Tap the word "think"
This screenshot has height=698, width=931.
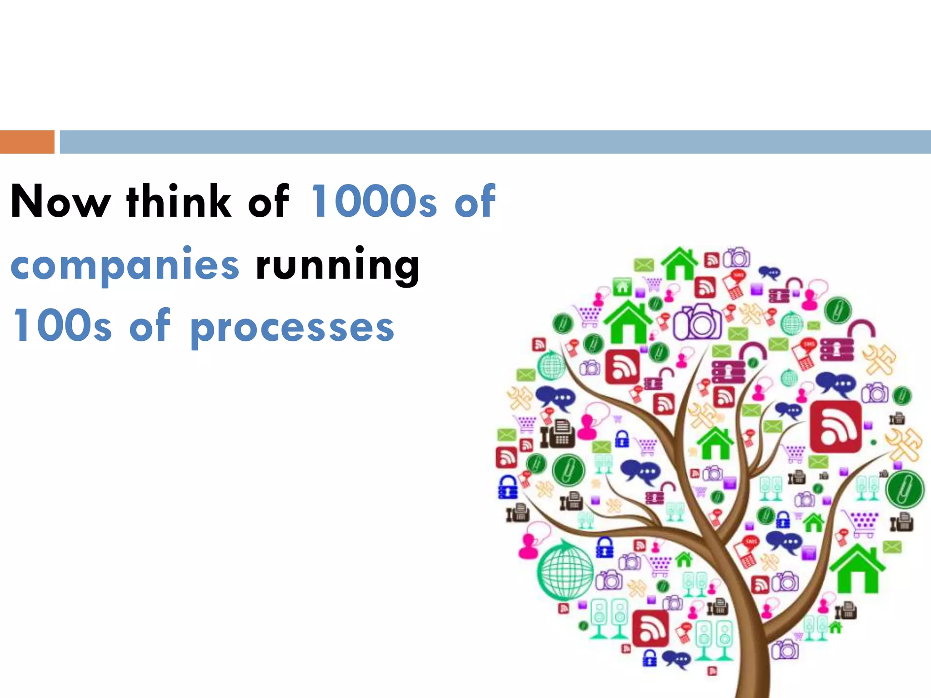click(x=179, y=201)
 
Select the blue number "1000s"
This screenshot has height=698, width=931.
click(x=373, y=201)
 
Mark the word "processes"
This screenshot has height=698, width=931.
click(x=292, y=328)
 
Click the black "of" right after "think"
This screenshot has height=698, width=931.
click(x=268, y=201)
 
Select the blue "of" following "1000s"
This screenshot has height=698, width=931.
click(x=475, y=201)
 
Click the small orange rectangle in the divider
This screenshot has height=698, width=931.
click(x=27, y=142)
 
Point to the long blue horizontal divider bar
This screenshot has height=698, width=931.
click(x=495, y=142)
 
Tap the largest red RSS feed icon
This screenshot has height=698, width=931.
click(x=836, y=427)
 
